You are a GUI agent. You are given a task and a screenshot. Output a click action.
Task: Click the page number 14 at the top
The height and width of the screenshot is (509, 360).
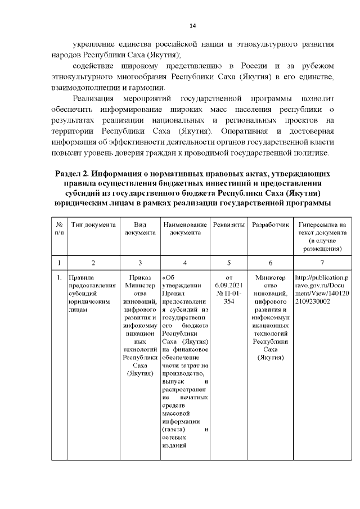pos(192,26)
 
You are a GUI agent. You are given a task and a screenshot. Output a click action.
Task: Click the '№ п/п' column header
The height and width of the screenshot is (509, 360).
pos(59,228)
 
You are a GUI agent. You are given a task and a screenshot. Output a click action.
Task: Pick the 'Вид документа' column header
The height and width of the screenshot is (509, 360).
pos(140,228)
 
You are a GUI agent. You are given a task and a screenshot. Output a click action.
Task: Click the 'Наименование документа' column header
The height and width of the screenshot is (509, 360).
pos(186,228)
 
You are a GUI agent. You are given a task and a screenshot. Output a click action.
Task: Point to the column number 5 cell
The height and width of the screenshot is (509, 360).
pos(229,263)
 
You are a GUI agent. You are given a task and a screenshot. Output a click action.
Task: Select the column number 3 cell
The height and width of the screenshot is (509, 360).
pos(140,263)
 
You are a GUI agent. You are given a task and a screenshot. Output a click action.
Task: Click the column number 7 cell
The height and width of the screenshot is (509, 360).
pos(322,263)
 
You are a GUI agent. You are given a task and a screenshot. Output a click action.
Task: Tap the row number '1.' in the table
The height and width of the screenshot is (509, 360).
pos(59,277)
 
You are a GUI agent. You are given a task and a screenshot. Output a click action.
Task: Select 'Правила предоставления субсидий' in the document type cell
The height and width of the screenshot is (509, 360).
pos(91,285)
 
